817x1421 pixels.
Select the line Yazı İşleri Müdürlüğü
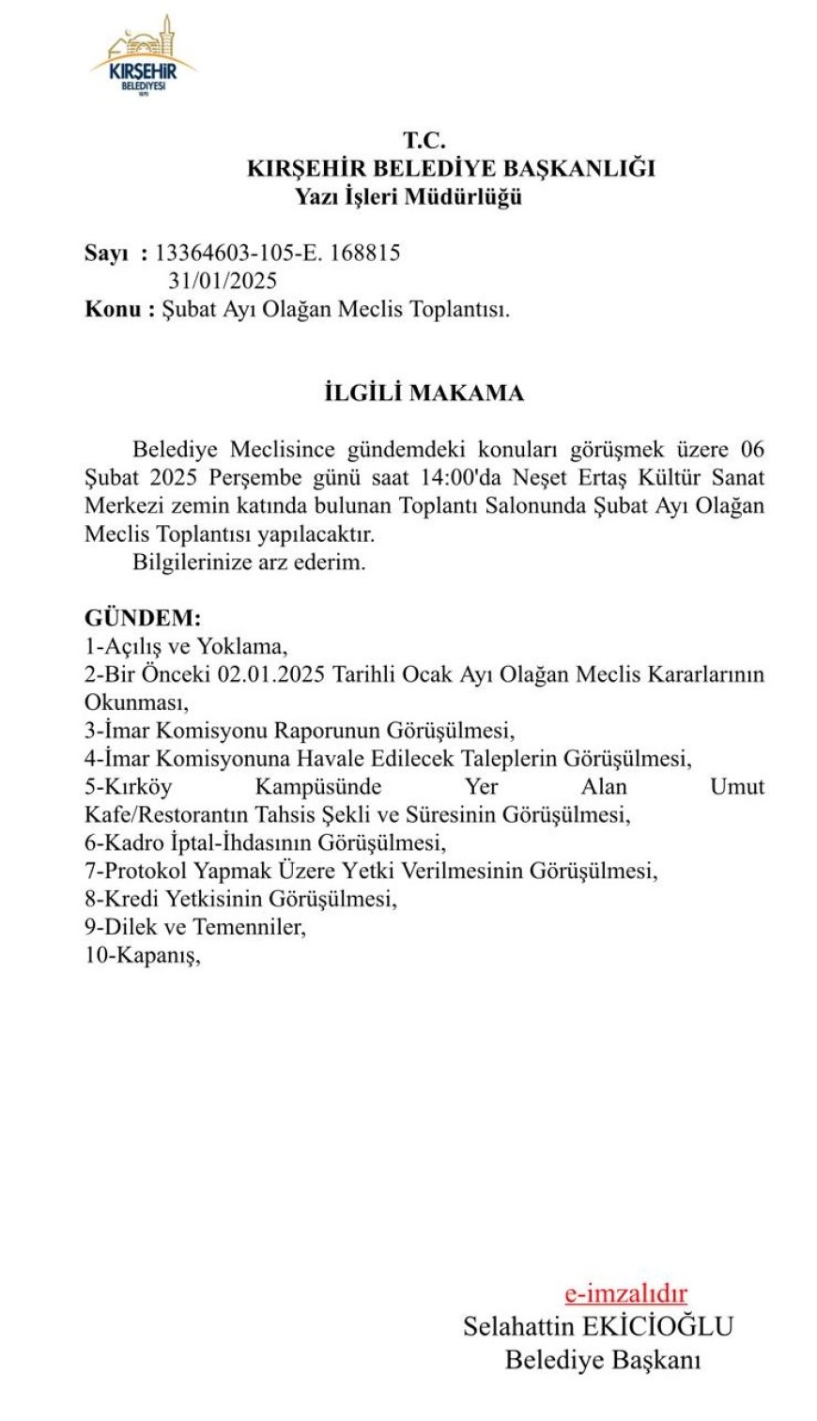click(408, 197)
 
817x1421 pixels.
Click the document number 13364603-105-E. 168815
click(278, 253)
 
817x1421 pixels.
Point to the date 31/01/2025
click(223, 281)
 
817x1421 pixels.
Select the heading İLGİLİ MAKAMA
click(424, 393)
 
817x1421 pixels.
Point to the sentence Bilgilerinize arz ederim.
click(249, 563)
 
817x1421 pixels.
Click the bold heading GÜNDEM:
click(143, 619)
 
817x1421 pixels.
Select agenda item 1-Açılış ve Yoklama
click(185, 647)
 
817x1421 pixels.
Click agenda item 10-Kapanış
click(143, 955)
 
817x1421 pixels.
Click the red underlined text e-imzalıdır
click(625, 1293)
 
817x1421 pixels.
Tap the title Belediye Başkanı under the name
click(603, 1359)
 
